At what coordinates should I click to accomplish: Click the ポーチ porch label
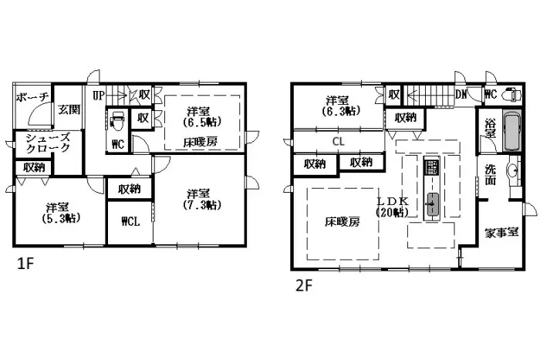click(32, 96)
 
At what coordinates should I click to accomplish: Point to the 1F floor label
click(26, 264)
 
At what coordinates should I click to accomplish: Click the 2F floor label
click(303, 284)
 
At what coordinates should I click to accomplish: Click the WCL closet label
click(130, 223)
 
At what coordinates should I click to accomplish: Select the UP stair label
click(99, 96)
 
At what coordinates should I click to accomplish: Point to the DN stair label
click(461, 95)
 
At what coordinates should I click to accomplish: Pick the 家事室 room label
click(501, 232)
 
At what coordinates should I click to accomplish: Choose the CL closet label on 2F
click(338, 142)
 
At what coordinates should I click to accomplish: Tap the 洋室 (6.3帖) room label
click(338, 106)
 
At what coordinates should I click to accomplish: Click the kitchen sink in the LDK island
click(432, 204)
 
